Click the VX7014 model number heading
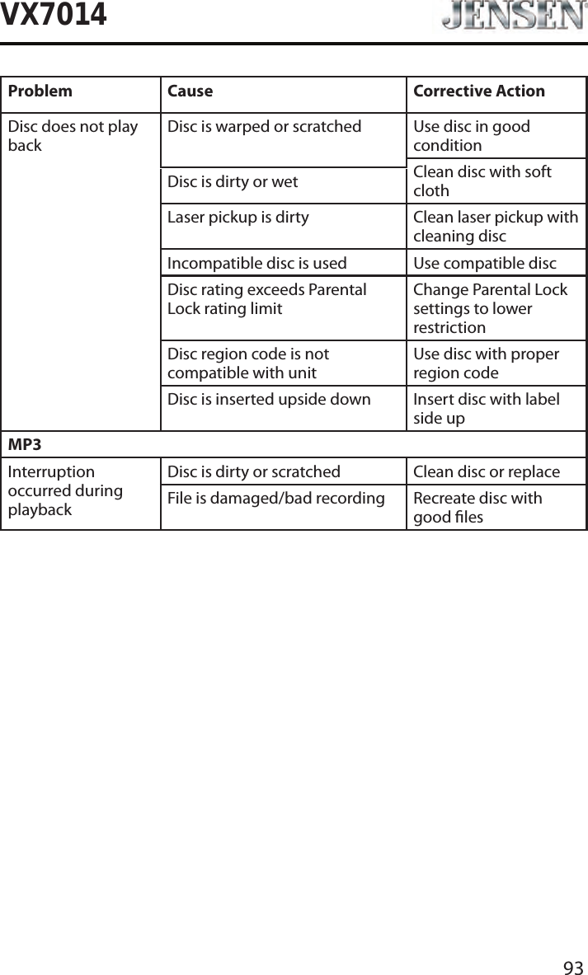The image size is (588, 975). (x=54, y=15)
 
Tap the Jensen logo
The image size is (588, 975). (x=510, y=17)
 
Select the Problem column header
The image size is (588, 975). (x=40, y=91)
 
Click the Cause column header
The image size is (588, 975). (x=190, y=91)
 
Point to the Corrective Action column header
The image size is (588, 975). (x=478, y=91)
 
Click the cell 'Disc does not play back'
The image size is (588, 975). (x=73, y=136)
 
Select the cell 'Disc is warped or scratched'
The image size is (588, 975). (x=264, y=127)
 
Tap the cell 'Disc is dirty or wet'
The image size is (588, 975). (x=233, y=181)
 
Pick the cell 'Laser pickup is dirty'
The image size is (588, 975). (x=238, y=218)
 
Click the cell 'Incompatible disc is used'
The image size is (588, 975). (x=256, y=264)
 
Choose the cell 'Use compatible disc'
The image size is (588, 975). (x=484, y=264)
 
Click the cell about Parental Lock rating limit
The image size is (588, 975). (x=266, y=299)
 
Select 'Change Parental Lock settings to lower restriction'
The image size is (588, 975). (x=490, y=308)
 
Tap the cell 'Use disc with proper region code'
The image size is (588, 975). (x=486, y=363)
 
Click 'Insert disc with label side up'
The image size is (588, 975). (x=486, y=409)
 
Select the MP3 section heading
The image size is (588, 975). (x=25, y=445)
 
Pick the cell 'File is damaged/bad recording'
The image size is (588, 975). (x=275, y=499)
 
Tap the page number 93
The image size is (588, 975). (x=573, y=967)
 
